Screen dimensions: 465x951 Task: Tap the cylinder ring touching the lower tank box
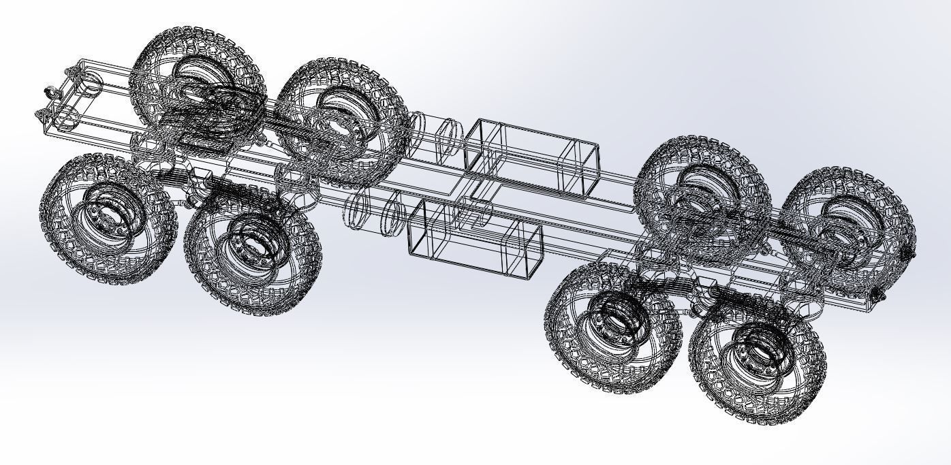click(x=392, y=213)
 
